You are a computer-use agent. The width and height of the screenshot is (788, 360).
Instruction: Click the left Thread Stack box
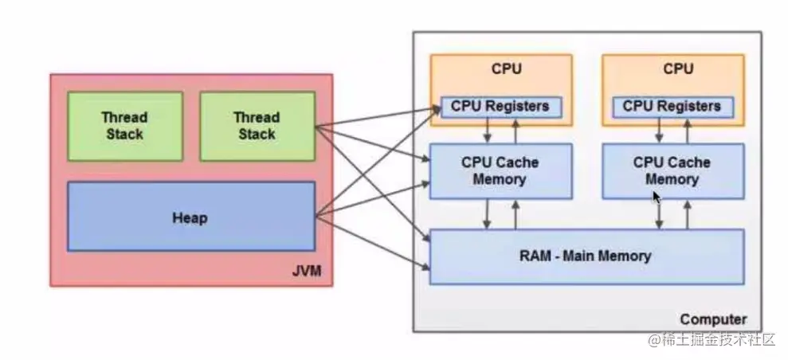(x=125, y=126)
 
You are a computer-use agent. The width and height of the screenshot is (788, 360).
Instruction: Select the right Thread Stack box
(x=257, y=126)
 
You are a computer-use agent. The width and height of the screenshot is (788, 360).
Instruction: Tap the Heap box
(x=191, y=217)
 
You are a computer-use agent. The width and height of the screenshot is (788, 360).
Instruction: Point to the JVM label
(x=306, y=272)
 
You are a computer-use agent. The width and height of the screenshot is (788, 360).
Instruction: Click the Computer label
(x=713, y=319)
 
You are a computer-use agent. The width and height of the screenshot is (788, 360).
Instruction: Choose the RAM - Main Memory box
(x=587, y=256)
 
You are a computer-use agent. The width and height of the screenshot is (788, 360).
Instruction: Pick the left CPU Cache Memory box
(x=500, y=171)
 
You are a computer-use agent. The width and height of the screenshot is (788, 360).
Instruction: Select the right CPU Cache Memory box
(x=673, y=171)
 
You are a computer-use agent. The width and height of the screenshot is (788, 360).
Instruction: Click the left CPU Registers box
(x=501, y=107)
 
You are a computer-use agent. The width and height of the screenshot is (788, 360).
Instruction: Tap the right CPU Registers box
(x=673, y=107)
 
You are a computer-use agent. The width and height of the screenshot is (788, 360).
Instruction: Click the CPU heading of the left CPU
(x=506, y=68)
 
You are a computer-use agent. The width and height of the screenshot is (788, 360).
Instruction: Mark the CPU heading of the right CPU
(x=678, y=68)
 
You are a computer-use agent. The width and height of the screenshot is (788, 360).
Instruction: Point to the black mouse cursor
(x=657, y=197)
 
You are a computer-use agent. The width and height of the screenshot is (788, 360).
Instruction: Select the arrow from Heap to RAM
(x=373, y=242)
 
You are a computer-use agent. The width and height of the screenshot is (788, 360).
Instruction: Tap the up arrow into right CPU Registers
(x=687, y=131)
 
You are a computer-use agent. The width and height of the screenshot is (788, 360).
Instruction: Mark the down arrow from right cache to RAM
(x=659, y=214)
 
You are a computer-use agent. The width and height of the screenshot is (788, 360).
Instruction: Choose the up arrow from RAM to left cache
(x=516, y=214)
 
